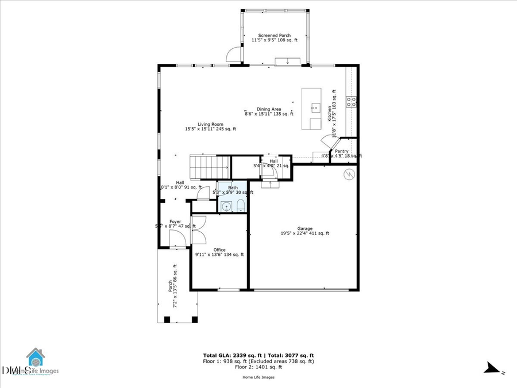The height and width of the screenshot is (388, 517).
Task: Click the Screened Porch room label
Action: pos(274,38)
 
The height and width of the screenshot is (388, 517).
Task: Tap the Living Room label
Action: pos(210,126)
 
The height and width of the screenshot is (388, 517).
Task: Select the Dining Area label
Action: pos(268,112)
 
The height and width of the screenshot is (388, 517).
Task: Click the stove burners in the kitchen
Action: pos(351,102)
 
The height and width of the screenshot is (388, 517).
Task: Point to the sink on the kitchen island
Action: pos(315,107)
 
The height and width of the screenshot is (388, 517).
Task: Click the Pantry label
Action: pos(342,152)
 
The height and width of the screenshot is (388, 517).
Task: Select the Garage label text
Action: pos(304,231)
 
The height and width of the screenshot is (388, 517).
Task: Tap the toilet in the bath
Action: pos(241,206)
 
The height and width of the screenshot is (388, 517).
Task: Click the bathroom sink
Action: pos(227,206)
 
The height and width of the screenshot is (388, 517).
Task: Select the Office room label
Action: pos(219,252)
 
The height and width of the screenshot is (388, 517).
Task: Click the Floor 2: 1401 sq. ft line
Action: pos(258,367)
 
